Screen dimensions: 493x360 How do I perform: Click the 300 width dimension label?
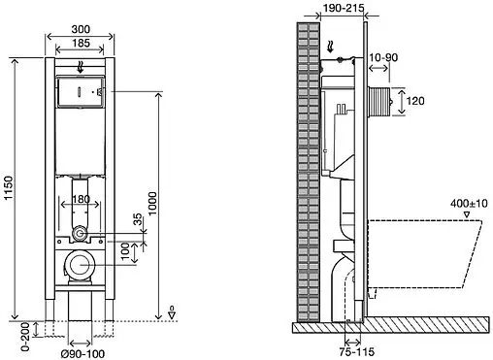(81, 29)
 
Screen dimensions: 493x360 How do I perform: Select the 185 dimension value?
(81, 43)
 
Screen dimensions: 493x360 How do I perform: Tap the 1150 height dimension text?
(9, 188)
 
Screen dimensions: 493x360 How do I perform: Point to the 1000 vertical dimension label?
(152, 203)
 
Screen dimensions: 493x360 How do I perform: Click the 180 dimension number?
(81, 199)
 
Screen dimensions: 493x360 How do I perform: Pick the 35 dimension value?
(138, 219)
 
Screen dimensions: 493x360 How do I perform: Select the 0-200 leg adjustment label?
(25, 337)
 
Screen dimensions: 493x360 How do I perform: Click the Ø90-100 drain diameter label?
(83, 354)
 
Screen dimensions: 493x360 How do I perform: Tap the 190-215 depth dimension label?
(344, 8)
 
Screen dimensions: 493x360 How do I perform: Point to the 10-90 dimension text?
(383, 57)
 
